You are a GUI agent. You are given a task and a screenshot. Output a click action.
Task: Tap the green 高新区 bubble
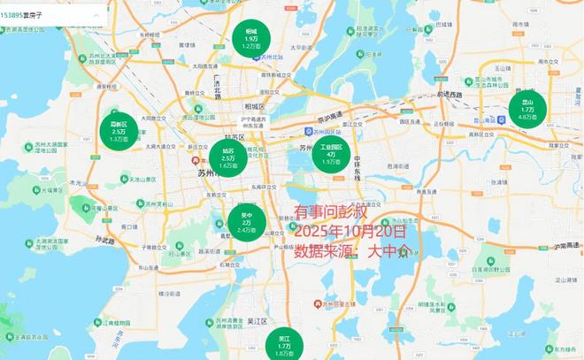(119, 128)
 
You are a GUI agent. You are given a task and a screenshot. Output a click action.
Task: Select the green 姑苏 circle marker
(228, 158)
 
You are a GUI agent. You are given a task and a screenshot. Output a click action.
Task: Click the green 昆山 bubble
(527, 110)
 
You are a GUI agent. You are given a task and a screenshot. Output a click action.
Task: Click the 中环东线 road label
(357, 167)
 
